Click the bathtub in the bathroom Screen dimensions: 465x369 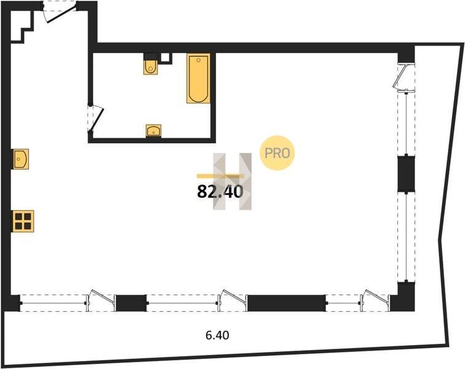199,78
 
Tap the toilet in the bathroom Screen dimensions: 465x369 151,67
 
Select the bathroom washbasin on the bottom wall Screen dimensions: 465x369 154,130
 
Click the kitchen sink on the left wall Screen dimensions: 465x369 21,159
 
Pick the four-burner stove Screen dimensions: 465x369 23,221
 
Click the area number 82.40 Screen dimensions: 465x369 220,191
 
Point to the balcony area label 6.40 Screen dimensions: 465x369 217,335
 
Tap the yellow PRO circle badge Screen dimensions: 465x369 277,153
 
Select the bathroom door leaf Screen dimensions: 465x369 97,119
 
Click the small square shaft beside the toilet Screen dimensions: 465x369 165,58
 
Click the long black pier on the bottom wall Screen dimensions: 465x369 286,303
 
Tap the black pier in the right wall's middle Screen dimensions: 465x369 406,174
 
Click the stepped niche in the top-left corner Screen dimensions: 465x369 22,26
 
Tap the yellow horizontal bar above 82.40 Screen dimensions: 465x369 220,176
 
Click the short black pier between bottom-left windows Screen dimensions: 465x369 131,303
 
